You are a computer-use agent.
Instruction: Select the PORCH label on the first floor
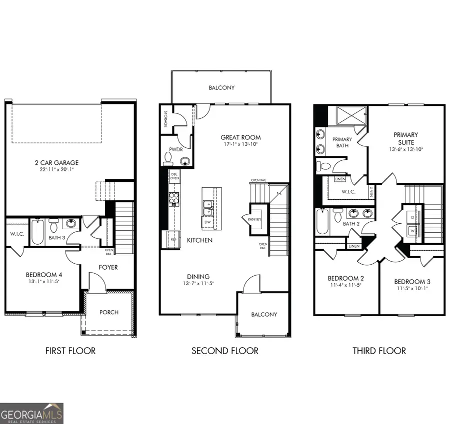(x=108, y=312)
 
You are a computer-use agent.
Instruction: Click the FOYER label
(x=108, y=267)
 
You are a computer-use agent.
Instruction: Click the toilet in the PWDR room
(x=168, y=158)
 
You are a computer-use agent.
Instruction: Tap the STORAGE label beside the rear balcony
(x=165, y=119)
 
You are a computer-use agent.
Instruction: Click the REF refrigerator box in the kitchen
(x=174, y=239)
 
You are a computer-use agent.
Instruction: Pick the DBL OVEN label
(x=174, y=176)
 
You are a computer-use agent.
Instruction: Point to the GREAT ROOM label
(x=241, y=137)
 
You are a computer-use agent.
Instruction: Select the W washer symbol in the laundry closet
(x=412, y=230)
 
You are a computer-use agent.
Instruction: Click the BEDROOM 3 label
(x=412, y=281)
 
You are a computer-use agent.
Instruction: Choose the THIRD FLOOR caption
(x=379, y=351)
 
